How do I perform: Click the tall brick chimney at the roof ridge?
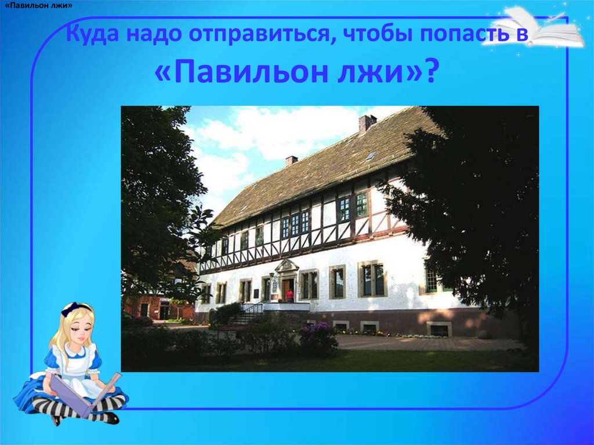click(x=367, y=122)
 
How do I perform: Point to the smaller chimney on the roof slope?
click(x=291, y=160)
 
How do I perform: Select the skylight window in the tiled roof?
click(x=370, y=155)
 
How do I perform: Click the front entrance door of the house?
click(x=287, y=288)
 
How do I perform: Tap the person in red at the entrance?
click(x=289, y=295)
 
